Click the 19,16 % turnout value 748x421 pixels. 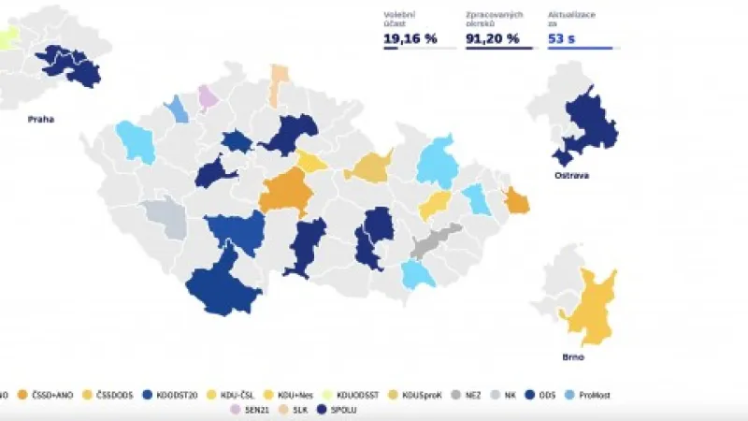[x=410, y=38]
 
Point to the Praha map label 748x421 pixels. [x=39, y=119]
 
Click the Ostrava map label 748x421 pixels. [x=572, y=175]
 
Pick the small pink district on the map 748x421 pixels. [x=209, y=98]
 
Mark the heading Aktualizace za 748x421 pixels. [x=570, y=18]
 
